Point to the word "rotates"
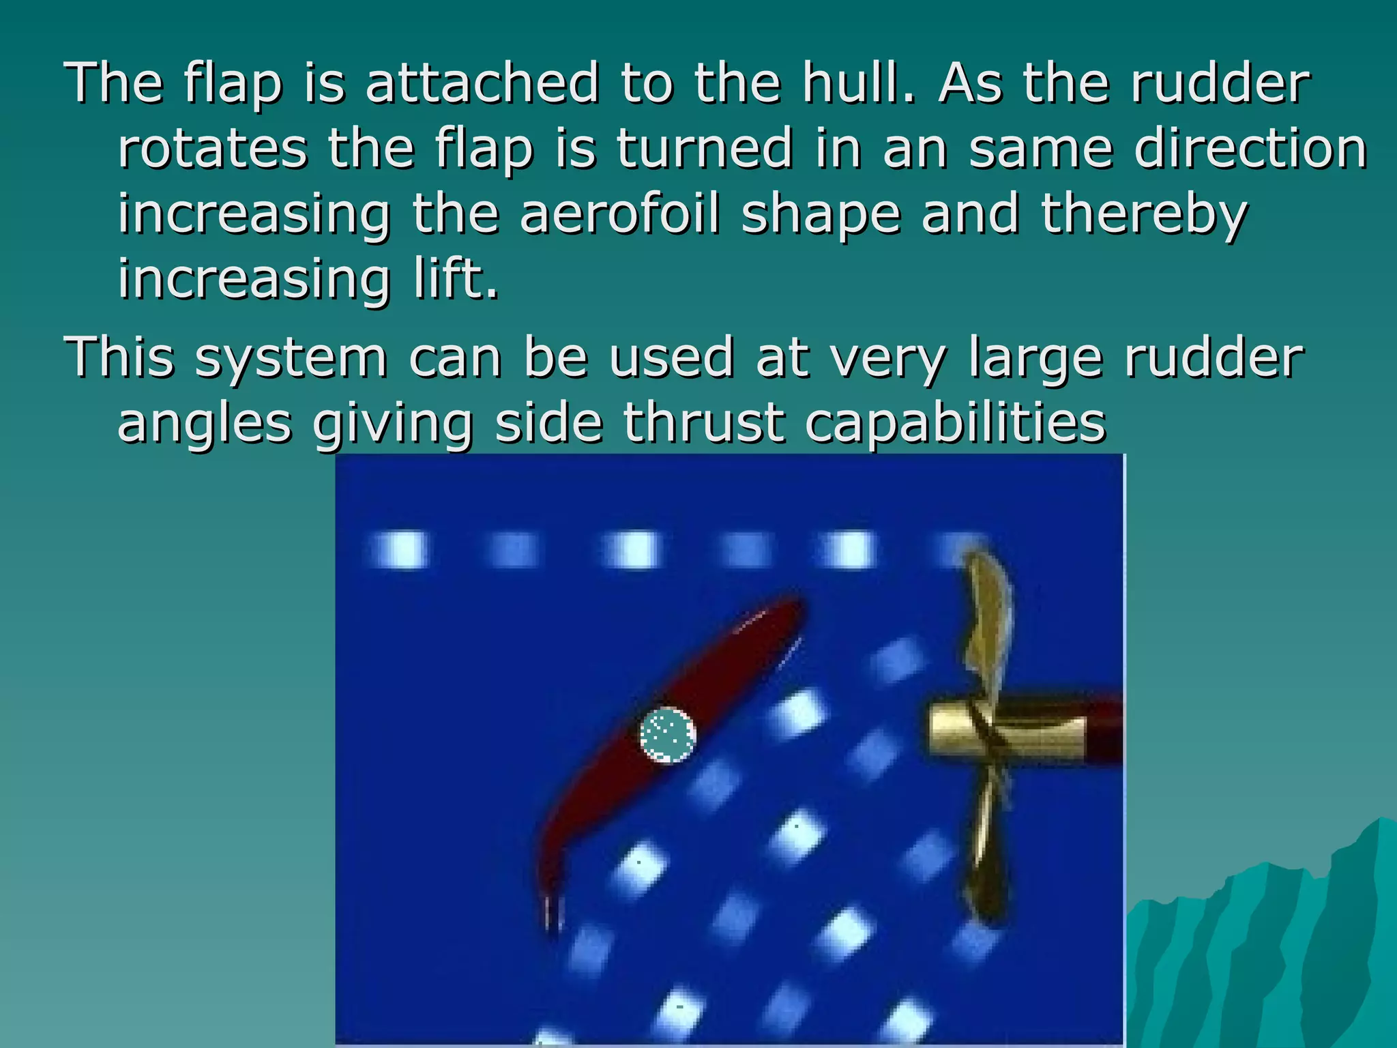212,149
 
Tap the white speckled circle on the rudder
668,736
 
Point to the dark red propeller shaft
1105,730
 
